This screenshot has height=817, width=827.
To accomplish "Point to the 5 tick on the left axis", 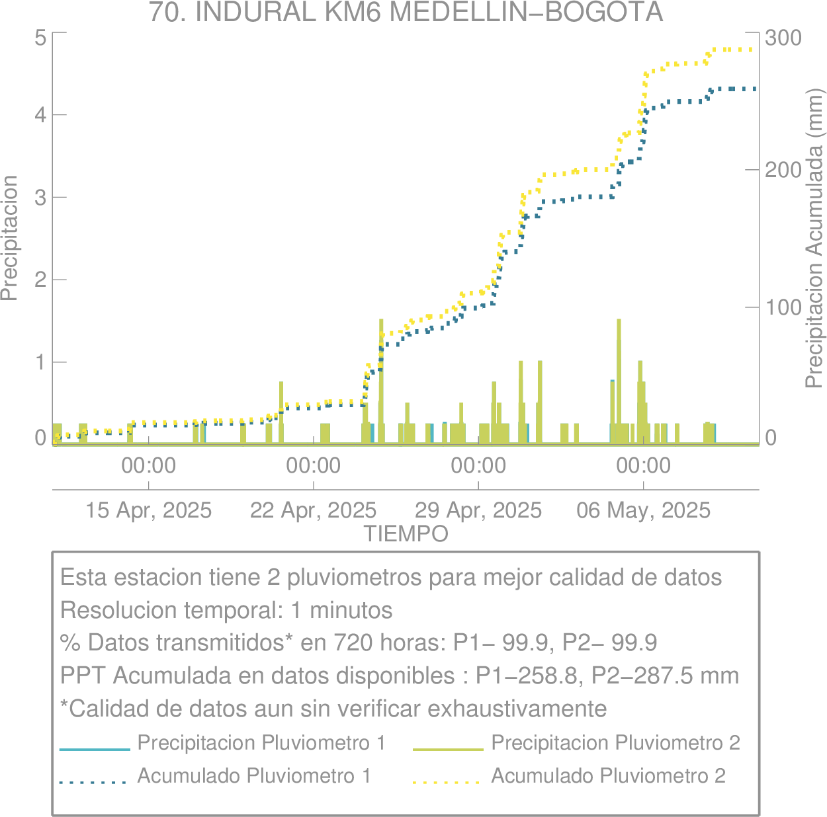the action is click(40, 38).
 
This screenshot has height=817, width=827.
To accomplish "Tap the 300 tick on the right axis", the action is click(783, 38).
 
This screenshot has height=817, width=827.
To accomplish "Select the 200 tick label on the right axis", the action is click(783, 171).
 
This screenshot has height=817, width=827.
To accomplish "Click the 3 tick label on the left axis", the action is click(40, 198).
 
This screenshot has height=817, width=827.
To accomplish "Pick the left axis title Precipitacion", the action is click(9, 238).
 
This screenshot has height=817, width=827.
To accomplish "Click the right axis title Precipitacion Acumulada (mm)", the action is click(814, 238).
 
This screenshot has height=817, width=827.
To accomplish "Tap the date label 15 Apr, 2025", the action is click(148, 510).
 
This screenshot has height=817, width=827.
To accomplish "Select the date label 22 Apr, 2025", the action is click(314, 510).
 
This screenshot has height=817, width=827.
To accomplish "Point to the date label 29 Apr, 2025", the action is click(478, 510).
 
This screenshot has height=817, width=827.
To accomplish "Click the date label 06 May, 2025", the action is click(643, 510).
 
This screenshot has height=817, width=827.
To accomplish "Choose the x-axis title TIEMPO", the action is click(406, 534).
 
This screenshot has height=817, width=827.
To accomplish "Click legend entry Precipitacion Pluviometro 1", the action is click(261, 742).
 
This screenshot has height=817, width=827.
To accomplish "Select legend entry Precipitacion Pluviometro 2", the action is click(616, 742).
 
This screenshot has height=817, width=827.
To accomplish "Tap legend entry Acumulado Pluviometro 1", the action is click(255, 775).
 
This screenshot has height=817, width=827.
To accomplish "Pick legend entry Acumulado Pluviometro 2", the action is click(609, 775).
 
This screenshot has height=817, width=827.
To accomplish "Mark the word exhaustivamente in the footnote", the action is click(517, 709).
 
